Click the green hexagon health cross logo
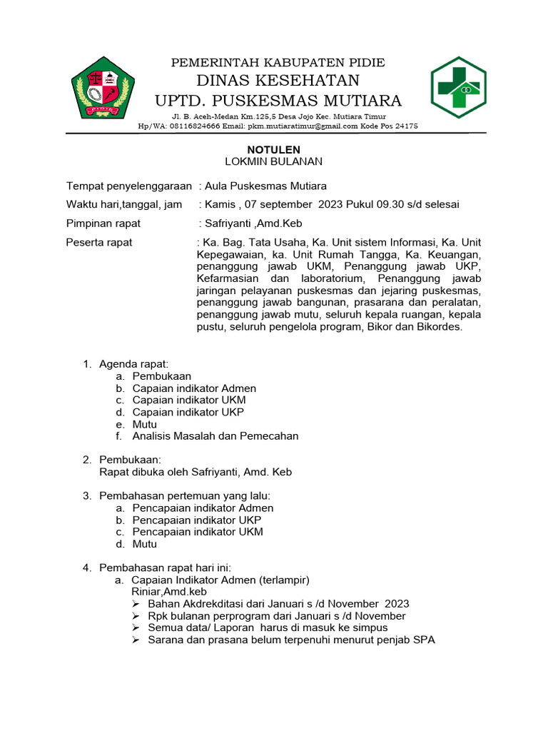458,88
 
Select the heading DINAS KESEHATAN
278,80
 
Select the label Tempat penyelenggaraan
129,186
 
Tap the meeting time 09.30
391,205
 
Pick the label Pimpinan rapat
103,223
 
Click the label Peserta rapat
99,243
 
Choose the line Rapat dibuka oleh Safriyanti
196,472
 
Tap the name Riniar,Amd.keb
169,592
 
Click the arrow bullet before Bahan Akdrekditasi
137,604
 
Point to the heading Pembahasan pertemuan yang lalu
185,495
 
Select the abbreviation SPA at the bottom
424,640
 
